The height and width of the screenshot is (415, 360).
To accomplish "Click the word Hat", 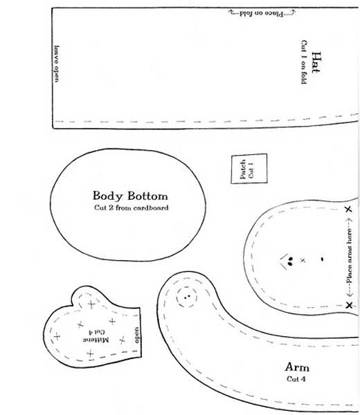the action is point(316,62).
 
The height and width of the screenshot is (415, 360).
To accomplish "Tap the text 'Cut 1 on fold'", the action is point(303,62).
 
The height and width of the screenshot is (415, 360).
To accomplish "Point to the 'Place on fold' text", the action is point(262,13).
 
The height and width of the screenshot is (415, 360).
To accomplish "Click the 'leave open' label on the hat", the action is point(57,64).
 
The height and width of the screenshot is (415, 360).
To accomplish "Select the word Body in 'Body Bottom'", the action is point(108,196).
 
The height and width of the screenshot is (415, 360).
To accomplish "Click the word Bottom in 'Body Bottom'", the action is point(147,196).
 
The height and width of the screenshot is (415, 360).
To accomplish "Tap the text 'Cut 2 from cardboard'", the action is point(131,207).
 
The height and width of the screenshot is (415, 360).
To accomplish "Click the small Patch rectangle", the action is point(249,169).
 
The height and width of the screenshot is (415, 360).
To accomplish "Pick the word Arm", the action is point(297,367).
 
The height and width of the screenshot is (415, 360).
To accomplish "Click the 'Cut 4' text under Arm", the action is point(296,379).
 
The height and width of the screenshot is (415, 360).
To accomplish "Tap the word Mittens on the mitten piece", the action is point(96,340).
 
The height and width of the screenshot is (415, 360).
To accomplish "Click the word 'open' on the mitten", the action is point(136,335).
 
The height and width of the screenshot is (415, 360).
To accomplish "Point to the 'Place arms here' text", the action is point(350,256).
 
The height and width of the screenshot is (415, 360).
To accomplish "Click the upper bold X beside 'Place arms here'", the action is point(348,209).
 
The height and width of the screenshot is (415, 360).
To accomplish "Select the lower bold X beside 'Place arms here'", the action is point(349,305).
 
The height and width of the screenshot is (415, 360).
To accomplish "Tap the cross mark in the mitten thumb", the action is point(91,304).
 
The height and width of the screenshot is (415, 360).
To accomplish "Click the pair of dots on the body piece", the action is point(290,261).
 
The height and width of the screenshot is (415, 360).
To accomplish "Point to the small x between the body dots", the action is point(303,261).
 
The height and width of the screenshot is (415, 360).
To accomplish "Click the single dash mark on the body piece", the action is point(322,259).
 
